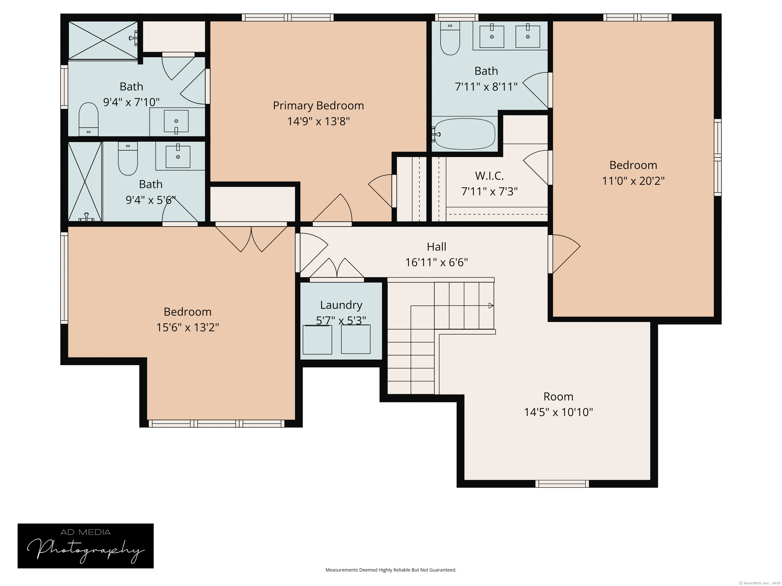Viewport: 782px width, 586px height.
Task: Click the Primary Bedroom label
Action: coord(318,106)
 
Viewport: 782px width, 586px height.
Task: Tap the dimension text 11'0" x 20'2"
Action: coord(633,181)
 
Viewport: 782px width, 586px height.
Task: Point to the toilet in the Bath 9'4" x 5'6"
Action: coord(128,159)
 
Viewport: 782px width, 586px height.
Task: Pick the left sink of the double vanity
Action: coord(491,36)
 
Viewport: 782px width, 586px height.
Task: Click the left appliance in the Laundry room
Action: coord(317,340)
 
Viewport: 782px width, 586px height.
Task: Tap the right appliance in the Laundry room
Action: coord(355,339)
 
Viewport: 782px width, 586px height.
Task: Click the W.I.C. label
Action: coord(489,175)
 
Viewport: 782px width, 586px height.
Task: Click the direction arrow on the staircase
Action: coord(491,305)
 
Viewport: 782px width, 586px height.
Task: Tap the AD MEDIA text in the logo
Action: coord(86,532)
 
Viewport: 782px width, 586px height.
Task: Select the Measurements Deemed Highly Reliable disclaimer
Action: coord(391,570)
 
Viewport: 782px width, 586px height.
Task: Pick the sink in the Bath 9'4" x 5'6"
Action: coord(178,156)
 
